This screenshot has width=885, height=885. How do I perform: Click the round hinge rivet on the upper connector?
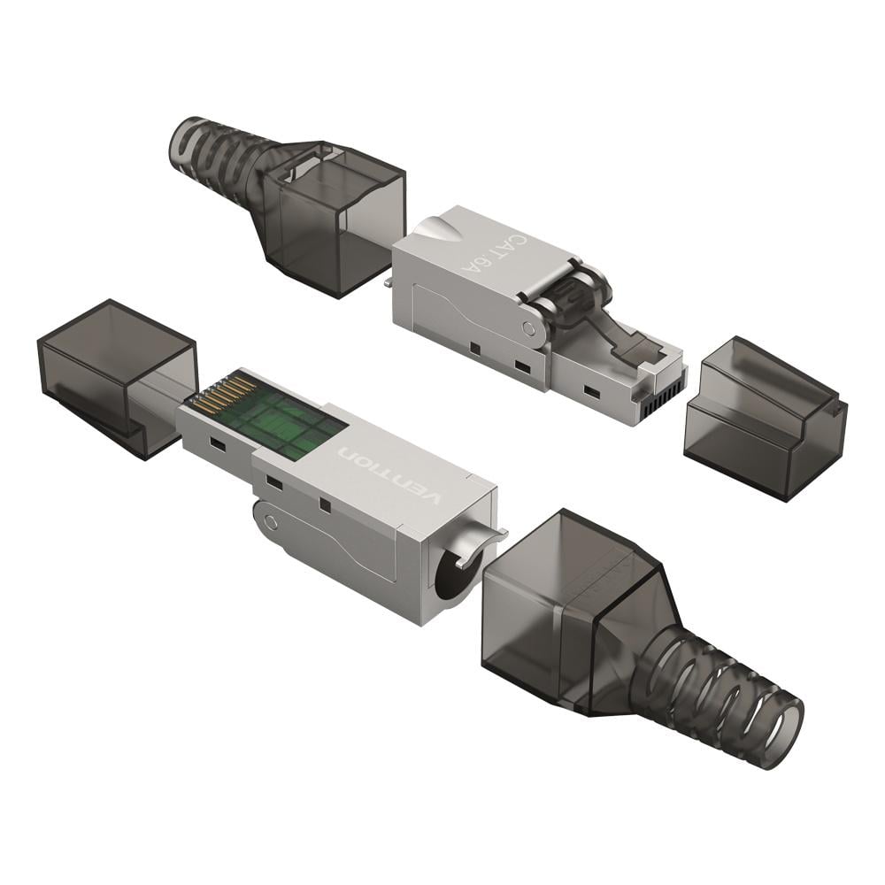point(529,329)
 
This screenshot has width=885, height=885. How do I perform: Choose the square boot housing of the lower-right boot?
point(566,602)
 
